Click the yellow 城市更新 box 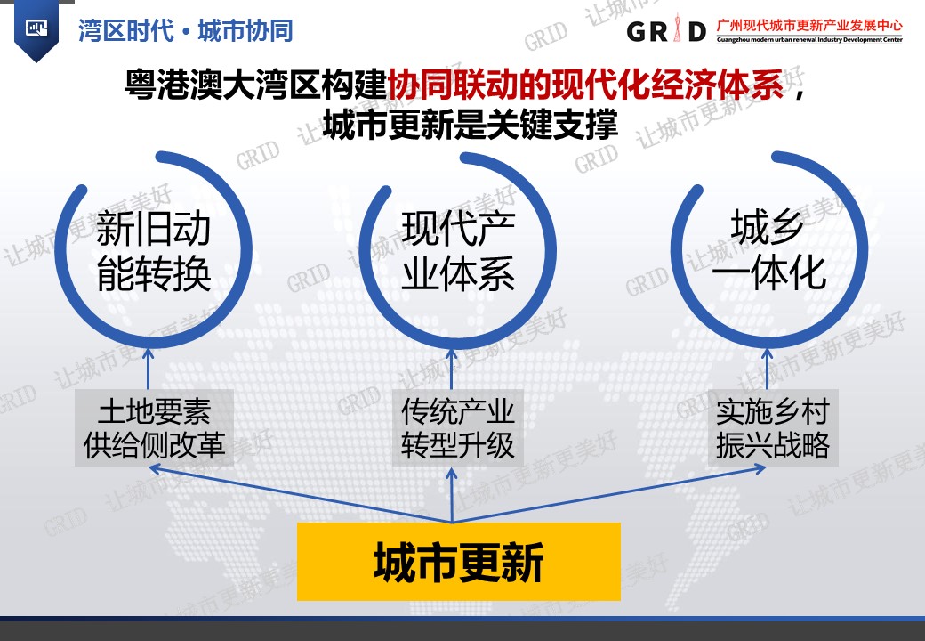[458, 561]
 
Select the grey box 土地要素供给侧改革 [154, 428]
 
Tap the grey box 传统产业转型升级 [457, 428]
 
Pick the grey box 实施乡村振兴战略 [773, 428]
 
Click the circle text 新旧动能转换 [153, 251]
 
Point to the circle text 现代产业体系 [458, 251]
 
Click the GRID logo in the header [666, 29]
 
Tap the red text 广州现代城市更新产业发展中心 [809, 26]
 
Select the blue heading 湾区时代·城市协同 [186, 30]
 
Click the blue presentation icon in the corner [36, 28]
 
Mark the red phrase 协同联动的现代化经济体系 [586, 85]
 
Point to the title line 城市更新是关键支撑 [471, 125]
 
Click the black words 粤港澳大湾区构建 [255, 85]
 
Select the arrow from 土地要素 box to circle [148, 369]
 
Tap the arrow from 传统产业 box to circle [452, 369]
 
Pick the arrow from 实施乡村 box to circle [767, 369]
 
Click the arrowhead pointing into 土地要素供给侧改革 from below [155, 468]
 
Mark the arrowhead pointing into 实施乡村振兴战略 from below [760, 468]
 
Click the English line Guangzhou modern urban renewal [809, 40]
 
